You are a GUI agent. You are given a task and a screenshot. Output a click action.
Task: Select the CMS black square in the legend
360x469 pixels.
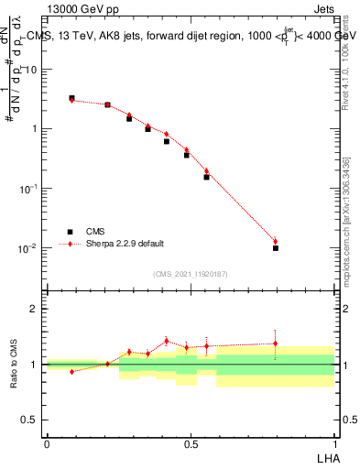[x=71, y=232]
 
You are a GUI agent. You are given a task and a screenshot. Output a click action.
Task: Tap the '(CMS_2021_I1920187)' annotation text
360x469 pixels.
[x=190, y=273]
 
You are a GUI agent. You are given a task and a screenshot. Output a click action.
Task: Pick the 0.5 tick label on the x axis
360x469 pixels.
[x=191, y=443]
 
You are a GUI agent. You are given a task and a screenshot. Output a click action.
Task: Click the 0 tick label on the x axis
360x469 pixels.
[x=47, y=443]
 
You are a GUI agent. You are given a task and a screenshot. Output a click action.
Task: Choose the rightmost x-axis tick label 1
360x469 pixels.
[x=334, y=443]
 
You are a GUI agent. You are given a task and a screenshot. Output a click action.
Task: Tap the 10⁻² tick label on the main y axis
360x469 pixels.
[x=32, y=248]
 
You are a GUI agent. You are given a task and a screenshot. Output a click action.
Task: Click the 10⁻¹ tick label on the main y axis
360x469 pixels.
[x=32, y=189]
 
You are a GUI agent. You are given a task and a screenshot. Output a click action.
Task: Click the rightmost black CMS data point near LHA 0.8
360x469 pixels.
[x=275, y=248]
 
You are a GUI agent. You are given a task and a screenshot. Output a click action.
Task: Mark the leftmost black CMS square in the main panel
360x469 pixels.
[x=71, y=98]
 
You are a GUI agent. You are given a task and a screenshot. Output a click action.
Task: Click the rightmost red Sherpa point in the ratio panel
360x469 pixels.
[x=275, y=344]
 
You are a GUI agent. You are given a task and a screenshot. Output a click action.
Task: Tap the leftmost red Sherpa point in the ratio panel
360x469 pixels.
[x=71, y=372]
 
